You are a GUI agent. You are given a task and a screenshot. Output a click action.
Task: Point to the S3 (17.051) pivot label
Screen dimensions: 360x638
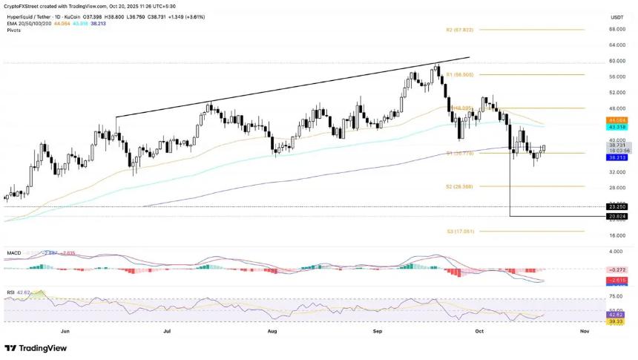461,232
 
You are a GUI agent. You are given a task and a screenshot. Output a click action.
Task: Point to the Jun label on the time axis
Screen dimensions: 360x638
65,331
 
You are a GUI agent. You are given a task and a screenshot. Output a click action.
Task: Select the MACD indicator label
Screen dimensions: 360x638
14,252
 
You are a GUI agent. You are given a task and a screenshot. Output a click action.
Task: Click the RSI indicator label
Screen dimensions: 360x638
10,292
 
